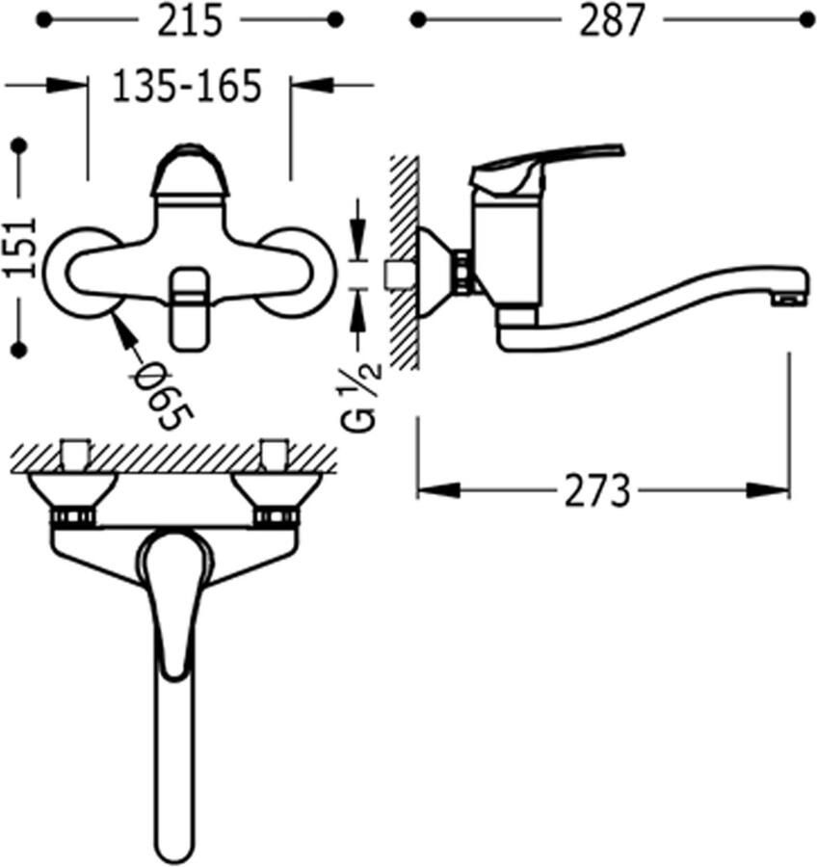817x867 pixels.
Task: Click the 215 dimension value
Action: [189, 21]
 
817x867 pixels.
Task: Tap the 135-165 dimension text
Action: [186, 87]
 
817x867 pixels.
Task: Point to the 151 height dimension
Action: [20, 248]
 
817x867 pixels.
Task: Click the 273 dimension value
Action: [596, 490]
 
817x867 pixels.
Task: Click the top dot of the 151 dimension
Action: [20, 146]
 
